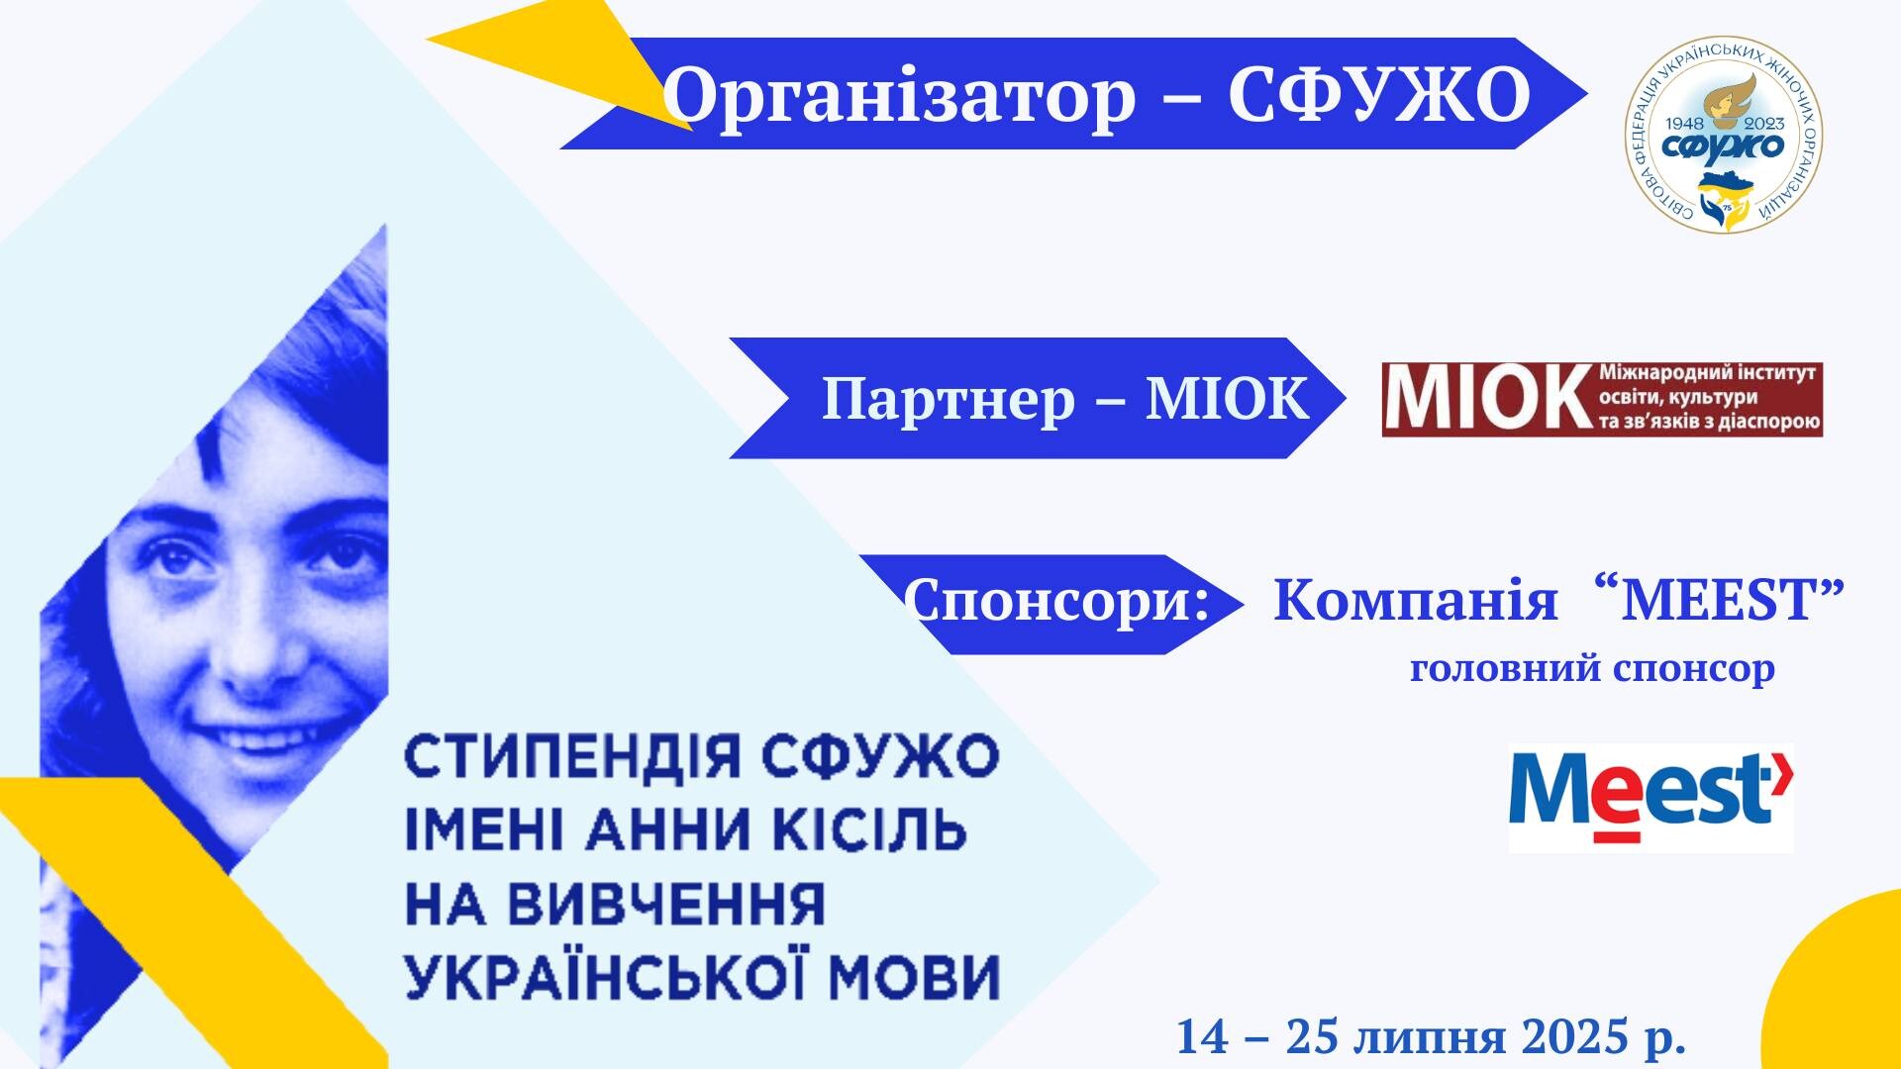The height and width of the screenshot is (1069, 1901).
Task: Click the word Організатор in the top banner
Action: (x=899, y=95)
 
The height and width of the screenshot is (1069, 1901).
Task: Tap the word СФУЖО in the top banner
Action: (x=1379, y=95)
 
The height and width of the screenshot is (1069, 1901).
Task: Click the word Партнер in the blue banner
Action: (x=949, y=399)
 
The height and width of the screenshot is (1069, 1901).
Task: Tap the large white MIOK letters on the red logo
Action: (x=1486, y=399)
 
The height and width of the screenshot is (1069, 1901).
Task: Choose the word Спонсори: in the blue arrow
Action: (x=1057, y=601)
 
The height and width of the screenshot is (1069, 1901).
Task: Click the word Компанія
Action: (x=1415, y=600)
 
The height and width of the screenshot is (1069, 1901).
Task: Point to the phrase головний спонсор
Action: (x=1592, y=670)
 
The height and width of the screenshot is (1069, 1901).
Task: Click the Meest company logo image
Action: (x=1651, y=798)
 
